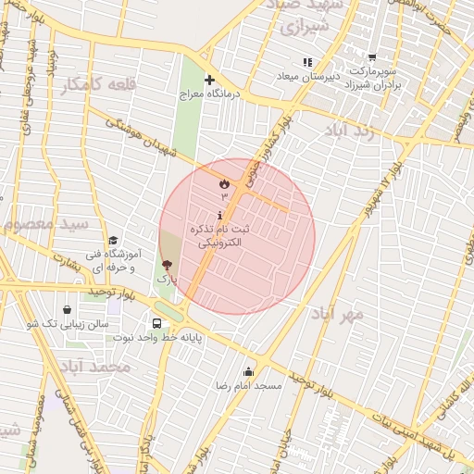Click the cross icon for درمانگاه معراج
[210, 80]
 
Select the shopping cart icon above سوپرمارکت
[372, 58]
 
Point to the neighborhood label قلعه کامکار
[98, 85]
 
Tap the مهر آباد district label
[338, 313]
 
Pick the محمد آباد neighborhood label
[93, 367]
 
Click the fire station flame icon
[223, 184]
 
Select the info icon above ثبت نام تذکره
[218, 215]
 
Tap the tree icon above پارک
[167, 265]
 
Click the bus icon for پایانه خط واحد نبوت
[156, 324]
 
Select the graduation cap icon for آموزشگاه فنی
[113, 240]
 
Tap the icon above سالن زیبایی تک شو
[67, 310]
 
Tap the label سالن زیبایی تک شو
[68, 324]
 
